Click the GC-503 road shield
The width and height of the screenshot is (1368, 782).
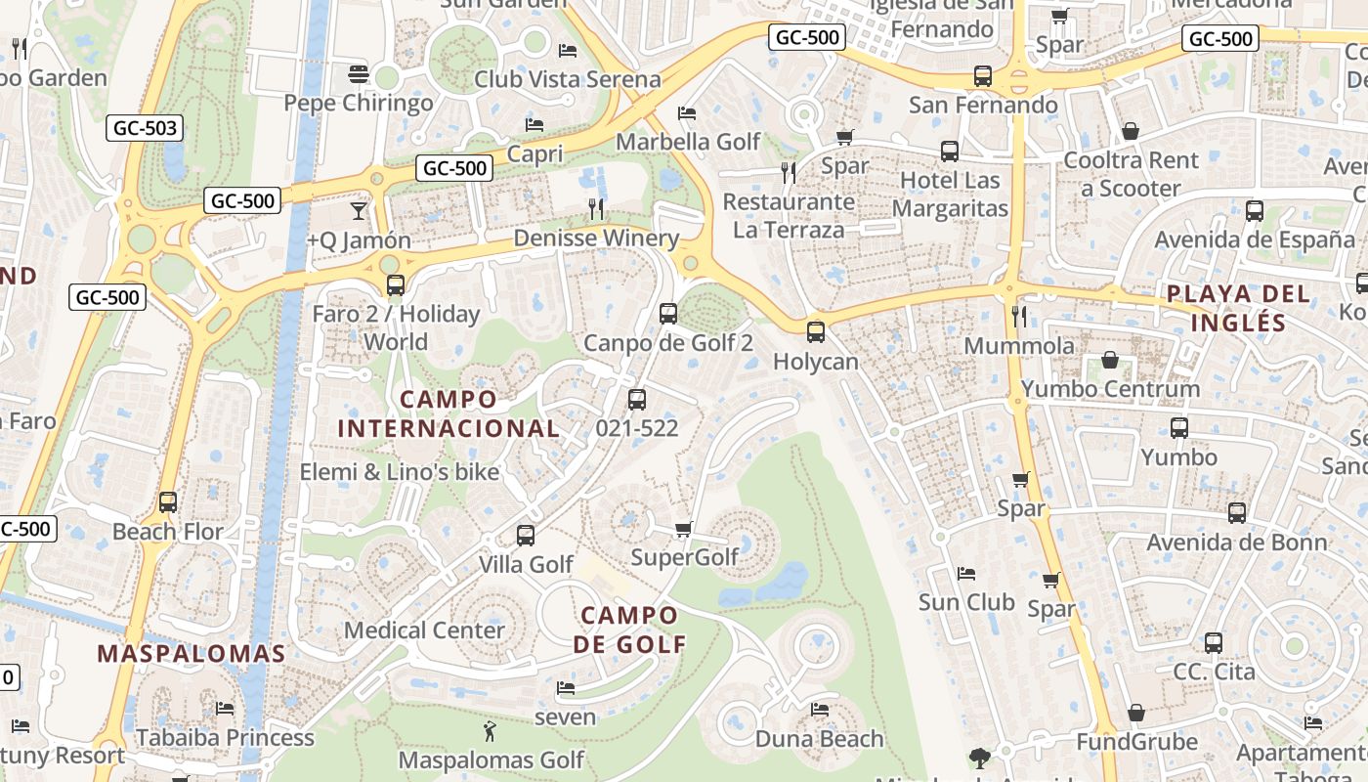[x=146, y=127]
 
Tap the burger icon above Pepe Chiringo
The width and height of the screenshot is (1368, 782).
[x=359, y=74]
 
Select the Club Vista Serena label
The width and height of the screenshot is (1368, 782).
[x=567, y=79]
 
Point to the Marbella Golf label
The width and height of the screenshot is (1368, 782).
[x=688, y=142]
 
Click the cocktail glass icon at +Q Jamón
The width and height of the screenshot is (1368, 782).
[x=359, y=210]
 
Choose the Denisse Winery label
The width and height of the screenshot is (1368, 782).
[x=596, y=239]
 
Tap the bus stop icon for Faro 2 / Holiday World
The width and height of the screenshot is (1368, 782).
[x=396, y=285]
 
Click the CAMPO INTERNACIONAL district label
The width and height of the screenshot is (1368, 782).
[x=449, y=413]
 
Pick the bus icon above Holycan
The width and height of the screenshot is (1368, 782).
[x=816, y=332]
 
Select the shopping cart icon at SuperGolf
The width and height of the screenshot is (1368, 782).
[x=684, y=529]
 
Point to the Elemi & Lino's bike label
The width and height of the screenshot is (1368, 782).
[x=400, y=472]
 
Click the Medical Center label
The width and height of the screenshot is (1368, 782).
[x=424, y=630]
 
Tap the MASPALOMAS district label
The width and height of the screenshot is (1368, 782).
[x=192, y=654]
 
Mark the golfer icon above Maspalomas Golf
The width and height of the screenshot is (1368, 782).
[x=490, y=730]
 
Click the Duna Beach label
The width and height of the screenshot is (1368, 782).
[x=819, y=739]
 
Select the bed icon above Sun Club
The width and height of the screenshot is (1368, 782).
[x=966, y=573]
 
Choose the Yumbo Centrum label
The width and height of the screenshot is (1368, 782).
[x=1110, y=389]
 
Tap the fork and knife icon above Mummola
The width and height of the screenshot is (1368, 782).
[x=1019, y=316]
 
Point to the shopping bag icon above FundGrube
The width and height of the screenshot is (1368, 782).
[x=1135, y=713]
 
